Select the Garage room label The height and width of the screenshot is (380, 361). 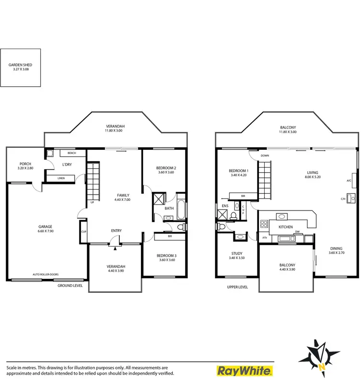46,226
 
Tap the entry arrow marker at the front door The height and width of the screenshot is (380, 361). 116,249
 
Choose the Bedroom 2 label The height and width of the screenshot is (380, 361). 166,168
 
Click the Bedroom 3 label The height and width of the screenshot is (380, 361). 166,255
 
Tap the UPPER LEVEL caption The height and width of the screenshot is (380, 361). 237,287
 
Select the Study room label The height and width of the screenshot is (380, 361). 237,253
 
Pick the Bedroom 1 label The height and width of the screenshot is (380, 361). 238,171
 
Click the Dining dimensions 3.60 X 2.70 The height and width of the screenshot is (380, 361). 335,253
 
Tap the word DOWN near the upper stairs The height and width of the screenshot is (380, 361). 265,156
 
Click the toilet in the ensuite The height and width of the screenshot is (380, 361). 233,215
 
